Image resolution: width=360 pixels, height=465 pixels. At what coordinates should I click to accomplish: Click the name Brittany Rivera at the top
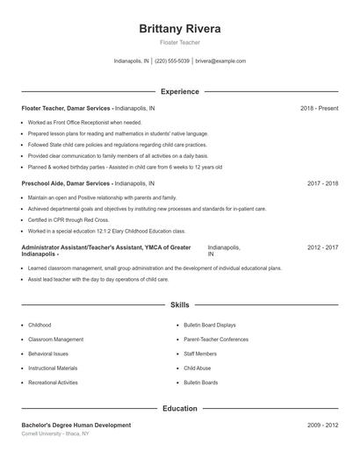click(x=180, y=29)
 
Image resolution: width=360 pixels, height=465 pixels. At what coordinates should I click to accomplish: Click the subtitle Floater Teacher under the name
click(x=180, y=42)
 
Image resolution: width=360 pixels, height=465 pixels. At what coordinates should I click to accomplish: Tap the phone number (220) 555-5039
click(x=172, y=61)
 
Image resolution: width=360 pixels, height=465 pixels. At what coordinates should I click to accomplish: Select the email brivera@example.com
click(x=220, y=61)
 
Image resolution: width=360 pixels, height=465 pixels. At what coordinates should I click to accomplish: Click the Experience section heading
click(x=180, y=91)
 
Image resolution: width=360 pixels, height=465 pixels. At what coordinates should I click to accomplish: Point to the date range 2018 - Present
click(x=319, y=108)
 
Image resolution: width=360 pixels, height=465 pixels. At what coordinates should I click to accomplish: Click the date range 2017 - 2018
click(x=322, y=183)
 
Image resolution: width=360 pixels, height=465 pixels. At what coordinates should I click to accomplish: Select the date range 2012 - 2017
click(x=322, y=247)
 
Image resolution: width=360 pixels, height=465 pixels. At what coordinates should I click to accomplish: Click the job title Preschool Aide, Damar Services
click(x=67, y=183)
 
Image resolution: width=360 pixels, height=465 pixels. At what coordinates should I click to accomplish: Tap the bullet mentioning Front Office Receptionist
click(x=84, y=123)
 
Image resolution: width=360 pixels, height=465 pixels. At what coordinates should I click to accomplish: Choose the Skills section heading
click(x=180, y=304)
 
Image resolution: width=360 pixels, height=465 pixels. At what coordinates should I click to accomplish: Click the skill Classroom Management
click(x=56, y=339)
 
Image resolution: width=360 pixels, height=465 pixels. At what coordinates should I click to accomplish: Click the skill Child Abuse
click(x=198, y=368)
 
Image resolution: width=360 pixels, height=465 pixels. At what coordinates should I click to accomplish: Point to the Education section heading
click(x=180, y=408)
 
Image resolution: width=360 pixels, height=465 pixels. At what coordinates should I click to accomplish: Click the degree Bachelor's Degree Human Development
click(x=76, y=425)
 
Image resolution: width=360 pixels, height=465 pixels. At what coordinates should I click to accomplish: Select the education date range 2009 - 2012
click(x=322, y=425)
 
